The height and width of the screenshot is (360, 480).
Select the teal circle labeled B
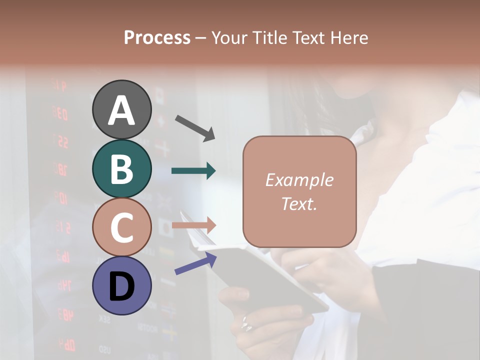click(121, 168)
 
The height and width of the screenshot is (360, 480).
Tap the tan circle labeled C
click(121, 227)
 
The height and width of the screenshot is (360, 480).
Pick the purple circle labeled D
click(121, 285)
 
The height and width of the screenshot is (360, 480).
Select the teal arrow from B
click(193, 171)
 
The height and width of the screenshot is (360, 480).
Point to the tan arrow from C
click(193, 225)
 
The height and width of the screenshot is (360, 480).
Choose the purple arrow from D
click(195, 263)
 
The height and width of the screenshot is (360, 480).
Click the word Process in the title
click(157, 38)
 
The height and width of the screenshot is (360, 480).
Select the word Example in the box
click(299, 180)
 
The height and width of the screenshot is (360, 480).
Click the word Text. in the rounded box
click(299, 203)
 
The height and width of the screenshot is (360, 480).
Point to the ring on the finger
click(246, 324)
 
